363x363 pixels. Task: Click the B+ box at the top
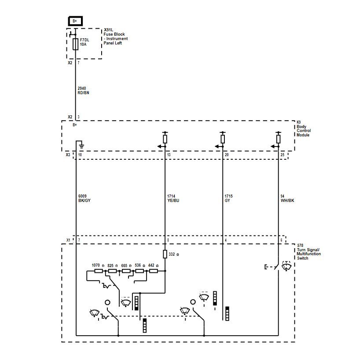tap(75, 21)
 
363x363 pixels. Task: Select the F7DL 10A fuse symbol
tap(76, 44)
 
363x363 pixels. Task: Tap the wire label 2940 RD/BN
tap(83, 91)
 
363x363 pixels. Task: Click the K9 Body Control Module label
tap(304, 128)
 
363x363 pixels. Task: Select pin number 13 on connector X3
tap(169, 154)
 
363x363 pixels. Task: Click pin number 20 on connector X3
tap(227, 154)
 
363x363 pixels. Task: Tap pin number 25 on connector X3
tap(282, 154)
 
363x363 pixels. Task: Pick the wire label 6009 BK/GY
tap(84, 198)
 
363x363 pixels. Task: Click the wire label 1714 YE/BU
tap(173, 198)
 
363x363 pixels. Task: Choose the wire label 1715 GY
tap(228, 198)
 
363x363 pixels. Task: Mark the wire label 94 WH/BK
tap(287, 198)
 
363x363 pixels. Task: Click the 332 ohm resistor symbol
tap(165, 254)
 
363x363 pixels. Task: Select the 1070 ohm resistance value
tap(98, 265)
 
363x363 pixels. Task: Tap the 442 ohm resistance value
tap(153, 265)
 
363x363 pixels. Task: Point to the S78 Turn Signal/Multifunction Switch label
tap(308, 252)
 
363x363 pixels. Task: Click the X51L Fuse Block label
tap(116, 37)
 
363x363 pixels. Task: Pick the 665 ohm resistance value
tap(126, 265)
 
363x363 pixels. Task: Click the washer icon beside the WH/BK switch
tap(286, 266)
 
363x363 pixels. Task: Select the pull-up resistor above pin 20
tap(223, 139)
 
